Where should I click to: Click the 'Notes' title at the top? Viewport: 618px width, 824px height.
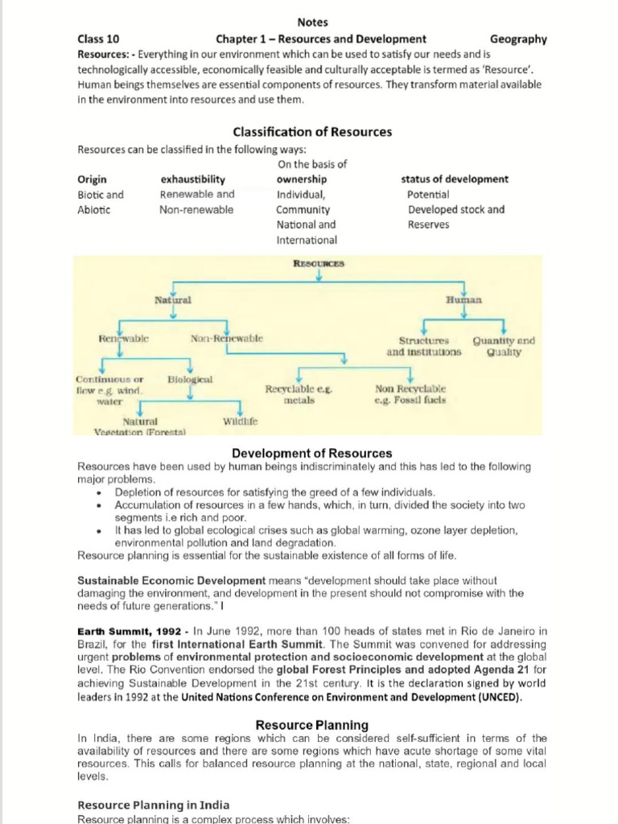[x=312, y=23]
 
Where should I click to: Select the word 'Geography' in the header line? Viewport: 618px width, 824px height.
[x=517, y=39]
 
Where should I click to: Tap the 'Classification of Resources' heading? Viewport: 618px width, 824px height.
[x=312, y=131]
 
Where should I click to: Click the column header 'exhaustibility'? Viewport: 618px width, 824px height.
[x=192, y=179]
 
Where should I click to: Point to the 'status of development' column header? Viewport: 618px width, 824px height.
[x=454, y=179]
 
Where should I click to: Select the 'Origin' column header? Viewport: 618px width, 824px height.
[x=92, y=179]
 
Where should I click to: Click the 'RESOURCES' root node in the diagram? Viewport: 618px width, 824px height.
[x=319, y=263]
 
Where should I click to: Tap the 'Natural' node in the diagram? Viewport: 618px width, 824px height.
[x=173, y=299]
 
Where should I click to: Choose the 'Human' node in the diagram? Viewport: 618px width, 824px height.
[x=463, y=299]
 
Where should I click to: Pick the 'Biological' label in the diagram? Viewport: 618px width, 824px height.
[x=190, y=378]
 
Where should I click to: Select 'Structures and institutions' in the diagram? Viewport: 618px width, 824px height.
[x=424, y=346]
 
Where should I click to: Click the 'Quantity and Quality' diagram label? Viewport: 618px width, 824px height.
[x=504, y=346]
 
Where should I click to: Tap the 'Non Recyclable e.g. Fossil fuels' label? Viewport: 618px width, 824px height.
[x=410, y=393]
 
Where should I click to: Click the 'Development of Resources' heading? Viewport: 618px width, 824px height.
[x=312, y=453]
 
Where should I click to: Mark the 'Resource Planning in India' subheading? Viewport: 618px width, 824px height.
[x=153, y=805]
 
